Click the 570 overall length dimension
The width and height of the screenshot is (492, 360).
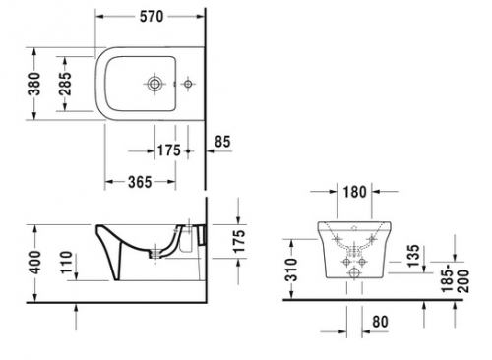pyautogui.click(x=151, y=17)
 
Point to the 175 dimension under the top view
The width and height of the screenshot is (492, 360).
pyautogui.click(x=168, y=150)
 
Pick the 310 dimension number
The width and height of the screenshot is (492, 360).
pyautogui.click(x=290, y=271)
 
